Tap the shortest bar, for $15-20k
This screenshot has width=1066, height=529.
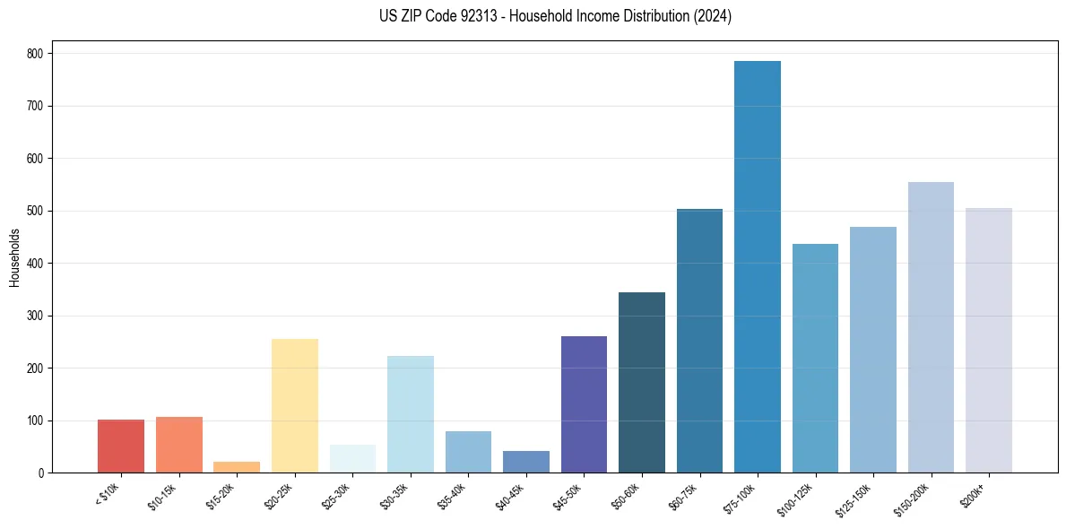(x=237, y=467)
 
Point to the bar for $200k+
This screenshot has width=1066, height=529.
(x=989, y=341)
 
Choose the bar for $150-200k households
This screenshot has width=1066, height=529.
(x=931, y=327)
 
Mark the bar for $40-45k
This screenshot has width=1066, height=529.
(x=526, y=462)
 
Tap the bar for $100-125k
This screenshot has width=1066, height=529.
(x=815, y=359)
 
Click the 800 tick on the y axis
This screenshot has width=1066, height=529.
(x=36, y=54)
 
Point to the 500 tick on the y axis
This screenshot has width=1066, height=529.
(x=36, y=211)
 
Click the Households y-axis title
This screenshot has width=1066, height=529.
(x=15, y=257)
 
